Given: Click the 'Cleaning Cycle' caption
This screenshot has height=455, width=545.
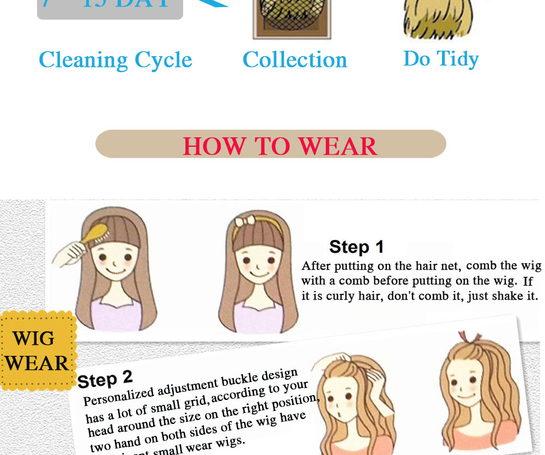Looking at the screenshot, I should coord(115,60).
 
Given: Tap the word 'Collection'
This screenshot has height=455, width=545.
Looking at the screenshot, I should coord(295,59).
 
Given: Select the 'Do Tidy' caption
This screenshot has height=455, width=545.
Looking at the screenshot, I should coord(441,59).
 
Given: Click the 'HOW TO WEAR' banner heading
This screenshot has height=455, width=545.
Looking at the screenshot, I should coord(280,145).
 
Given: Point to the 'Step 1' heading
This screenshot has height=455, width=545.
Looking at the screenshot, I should coord(356,247).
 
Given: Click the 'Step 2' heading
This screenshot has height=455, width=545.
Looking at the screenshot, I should coord(105,378).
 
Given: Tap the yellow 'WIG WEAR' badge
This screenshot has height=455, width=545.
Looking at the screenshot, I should coord(37,351).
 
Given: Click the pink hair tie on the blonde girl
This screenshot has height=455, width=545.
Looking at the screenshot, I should coord(464,336).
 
